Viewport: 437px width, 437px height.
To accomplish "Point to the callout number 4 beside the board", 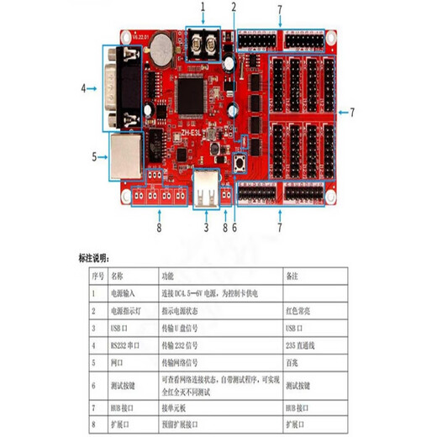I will [x=84, y=87].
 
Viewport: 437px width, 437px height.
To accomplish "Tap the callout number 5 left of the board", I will [x=93, y=155].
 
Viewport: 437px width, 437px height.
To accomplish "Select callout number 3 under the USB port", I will [x=207, y=226].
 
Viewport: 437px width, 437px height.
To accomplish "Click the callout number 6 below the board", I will [x=234, y=226].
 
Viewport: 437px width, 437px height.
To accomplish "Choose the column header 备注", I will [x=292, y=275].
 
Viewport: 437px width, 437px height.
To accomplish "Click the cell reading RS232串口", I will [x=124, y=344].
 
